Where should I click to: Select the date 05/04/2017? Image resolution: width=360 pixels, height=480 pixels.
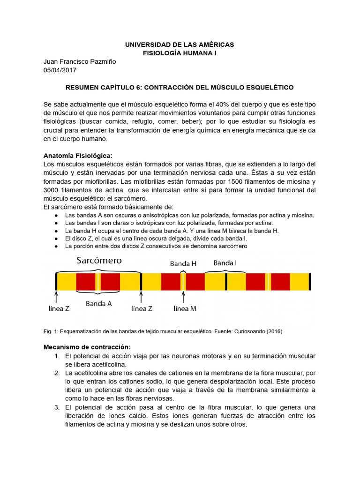[60, 70]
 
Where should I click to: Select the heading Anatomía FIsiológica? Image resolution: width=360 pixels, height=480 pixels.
[78, 156]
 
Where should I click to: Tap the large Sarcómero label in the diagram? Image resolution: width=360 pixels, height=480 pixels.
[99, 260]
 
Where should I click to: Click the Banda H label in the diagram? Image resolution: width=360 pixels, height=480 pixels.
[183, 264]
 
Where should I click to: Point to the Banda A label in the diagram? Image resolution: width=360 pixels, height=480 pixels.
[98, 303]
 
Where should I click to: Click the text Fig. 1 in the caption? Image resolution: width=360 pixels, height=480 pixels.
[50, 331]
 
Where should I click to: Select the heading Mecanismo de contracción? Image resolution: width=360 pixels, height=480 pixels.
[87, 347]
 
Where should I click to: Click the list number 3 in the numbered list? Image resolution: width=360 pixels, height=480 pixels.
[57, 407]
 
